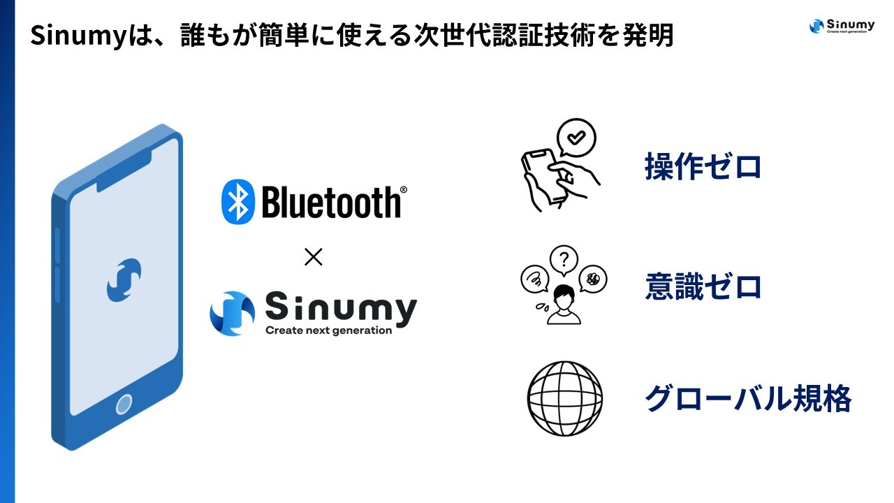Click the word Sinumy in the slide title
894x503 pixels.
coord(78,36)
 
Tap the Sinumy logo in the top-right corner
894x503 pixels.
coord(842,27)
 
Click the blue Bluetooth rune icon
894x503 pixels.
coord(238,202)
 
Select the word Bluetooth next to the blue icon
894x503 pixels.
coord(331,202)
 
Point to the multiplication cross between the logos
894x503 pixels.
coord(314,256)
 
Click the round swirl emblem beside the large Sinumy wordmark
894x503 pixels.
coord(233,314)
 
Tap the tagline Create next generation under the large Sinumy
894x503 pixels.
coord(328,330)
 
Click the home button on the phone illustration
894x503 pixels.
coord(124,404)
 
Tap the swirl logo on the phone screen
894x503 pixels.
coord(124,280)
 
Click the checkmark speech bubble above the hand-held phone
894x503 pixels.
coord(576,138)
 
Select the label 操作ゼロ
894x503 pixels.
coord(703,166)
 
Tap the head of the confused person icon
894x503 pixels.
coord(564,298)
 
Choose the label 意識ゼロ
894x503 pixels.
coord(703,286)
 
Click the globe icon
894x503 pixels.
coord(565,398)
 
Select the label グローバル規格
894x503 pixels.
coord(748,398)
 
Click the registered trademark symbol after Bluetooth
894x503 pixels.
coord(404,189)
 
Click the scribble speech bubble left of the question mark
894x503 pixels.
coord(535,279)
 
